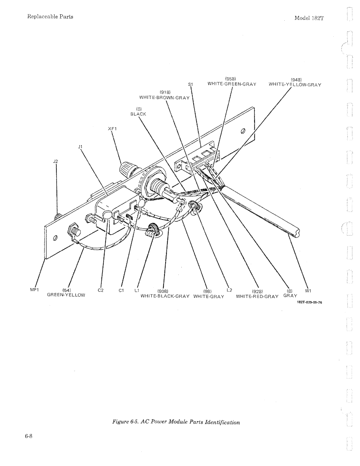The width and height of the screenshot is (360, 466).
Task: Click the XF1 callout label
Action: pos(112,129)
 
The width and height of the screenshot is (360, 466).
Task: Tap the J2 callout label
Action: pos(55,161)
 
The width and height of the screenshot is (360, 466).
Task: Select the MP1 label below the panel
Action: pos(34,290)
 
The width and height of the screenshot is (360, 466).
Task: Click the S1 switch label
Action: pos(191,85)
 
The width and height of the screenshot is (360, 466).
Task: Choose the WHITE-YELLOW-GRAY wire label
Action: pos(295,85)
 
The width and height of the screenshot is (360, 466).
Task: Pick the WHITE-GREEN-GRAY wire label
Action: pos(232,84)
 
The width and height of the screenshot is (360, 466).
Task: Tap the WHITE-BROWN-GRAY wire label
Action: pos(165,98)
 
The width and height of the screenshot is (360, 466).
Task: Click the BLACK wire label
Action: pos(138,114)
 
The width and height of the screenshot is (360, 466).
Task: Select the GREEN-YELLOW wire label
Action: pos(66,295)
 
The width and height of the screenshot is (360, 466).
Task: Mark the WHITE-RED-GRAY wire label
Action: pos(257,296)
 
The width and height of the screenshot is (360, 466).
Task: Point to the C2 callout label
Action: pos(100,290)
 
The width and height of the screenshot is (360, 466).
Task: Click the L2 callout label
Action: pos(229,290)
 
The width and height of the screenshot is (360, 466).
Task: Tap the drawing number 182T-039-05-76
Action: pos(309,302)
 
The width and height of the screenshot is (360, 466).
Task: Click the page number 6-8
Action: pos(29,436)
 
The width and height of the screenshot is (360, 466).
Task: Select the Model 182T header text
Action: pos(309,18)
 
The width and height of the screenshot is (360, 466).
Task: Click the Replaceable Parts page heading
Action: pos(50,17)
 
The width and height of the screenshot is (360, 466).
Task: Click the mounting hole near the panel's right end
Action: pos(243,131)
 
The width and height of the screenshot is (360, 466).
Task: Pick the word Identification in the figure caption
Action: pos(222,422)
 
